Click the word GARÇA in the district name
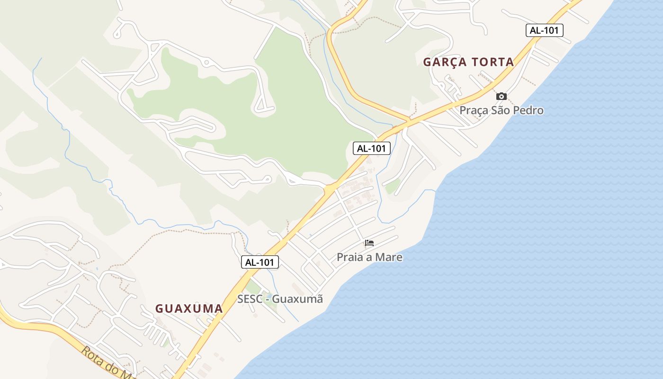(443, 62)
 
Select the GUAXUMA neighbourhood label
(189, 308)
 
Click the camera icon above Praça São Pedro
(501, 97)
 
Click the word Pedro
(529, 111)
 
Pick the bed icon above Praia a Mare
(369, 244)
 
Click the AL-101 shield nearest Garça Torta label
(544, 30)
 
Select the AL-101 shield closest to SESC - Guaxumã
(260, 262)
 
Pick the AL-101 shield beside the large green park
(371, 148)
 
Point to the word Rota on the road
(93, 356)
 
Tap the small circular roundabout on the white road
(206, 62)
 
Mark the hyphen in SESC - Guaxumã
(267, 299)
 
